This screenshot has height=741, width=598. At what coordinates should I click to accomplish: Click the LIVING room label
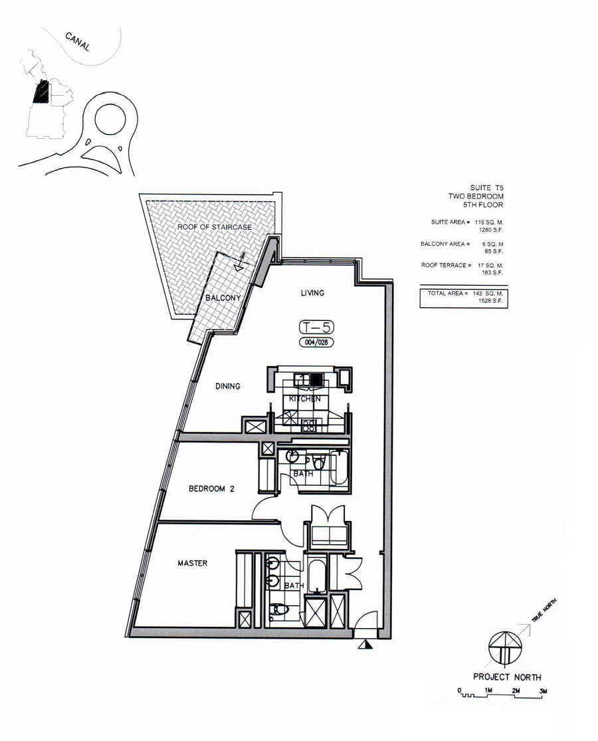tap(311, 292)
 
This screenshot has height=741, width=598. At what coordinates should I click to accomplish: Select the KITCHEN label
tap(305, 399)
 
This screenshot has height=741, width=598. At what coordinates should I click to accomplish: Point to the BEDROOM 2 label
tap(212, 488)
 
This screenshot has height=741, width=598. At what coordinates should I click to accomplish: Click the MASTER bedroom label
tap(193, 564)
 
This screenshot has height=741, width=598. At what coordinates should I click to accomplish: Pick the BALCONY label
tap(223, 298)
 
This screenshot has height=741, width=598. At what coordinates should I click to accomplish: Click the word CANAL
tap(78, 42)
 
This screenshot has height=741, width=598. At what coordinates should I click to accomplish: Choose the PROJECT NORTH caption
tap(507, 677)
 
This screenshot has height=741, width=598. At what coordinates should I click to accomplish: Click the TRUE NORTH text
tap(544, 609)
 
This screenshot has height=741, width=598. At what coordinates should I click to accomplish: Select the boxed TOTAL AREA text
tap(468, 296)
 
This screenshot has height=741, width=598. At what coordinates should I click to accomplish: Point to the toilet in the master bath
tap(277, 608)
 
